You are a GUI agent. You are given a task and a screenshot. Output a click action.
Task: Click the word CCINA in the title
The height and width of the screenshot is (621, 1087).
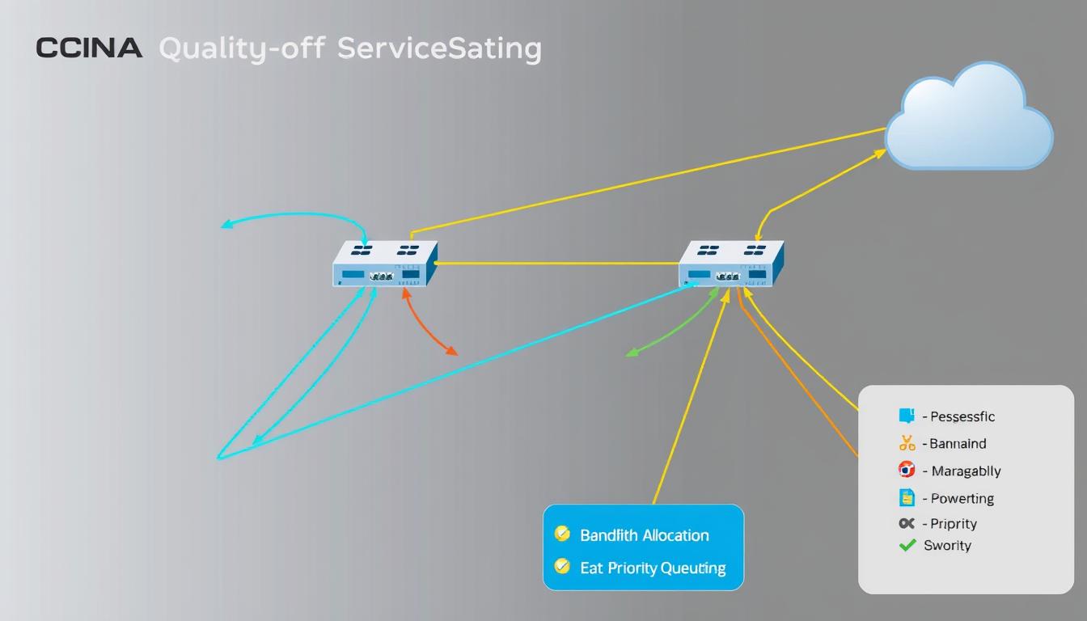coord(89,49)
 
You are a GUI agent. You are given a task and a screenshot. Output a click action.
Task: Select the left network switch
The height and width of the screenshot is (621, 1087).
coord(385,264)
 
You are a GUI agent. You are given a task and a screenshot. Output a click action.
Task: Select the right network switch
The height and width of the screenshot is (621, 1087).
coord(731,264)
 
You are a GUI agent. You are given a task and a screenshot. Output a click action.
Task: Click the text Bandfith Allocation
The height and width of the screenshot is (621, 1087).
coord(644,535)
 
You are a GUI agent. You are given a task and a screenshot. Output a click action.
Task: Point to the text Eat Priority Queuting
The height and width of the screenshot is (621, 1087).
coord(653,568)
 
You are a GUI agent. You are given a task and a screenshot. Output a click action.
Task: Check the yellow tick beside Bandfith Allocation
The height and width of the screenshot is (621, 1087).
coord(562,534)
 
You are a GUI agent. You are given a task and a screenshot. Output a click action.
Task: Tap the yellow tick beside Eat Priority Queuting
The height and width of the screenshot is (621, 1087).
coord(562,567)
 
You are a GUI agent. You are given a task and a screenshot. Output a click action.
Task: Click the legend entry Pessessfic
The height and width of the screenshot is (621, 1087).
coord(962,416)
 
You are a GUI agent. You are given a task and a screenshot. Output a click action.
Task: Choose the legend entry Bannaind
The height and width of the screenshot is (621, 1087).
coord(958,443)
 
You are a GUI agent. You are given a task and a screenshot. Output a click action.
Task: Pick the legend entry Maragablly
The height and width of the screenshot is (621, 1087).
coord(966,471)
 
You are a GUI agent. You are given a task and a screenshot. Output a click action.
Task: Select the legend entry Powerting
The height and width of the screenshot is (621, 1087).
coord(962,498)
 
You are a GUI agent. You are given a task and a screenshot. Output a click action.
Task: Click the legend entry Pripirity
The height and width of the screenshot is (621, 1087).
coord(954,523)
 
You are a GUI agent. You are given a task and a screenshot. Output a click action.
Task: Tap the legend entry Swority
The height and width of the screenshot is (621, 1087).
coord(947,545)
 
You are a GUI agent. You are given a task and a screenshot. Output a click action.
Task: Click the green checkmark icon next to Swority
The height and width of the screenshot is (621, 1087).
coord(907,545)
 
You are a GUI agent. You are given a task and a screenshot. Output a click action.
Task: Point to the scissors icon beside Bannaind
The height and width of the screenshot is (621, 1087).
coord(907,443)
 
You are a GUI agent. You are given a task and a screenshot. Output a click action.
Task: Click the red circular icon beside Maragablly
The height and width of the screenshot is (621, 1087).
coord(907,470)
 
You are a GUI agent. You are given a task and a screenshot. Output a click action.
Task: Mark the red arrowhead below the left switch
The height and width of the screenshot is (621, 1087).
coord(452,351)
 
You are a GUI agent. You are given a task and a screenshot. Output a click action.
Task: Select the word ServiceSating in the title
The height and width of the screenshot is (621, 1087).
coord(439,49)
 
